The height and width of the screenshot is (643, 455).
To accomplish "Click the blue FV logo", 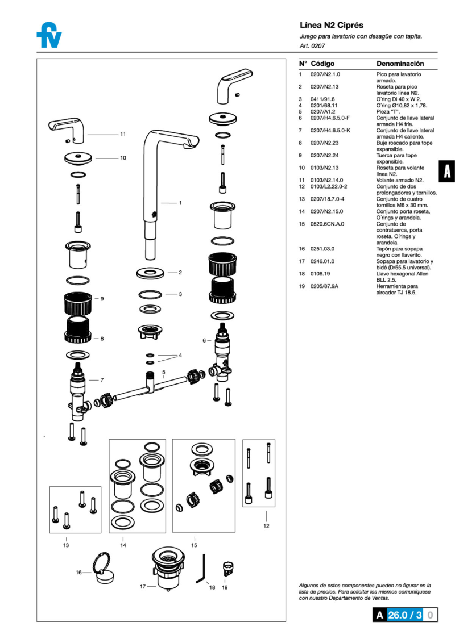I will point(49,36).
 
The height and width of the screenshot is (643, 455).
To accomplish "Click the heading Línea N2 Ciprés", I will point(331,26).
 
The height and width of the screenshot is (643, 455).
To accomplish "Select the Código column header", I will point(322,64).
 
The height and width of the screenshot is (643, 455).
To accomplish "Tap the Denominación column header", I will point(400,64).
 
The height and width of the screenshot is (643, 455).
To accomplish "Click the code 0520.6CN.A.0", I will point(327,224).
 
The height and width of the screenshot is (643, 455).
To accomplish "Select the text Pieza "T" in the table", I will point(388,112).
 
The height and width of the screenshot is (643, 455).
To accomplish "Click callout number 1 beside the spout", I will point(180,203).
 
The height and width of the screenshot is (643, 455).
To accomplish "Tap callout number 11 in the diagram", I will point(123,135).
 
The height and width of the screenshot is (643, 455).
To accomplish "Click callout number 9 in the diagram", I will point(102,298).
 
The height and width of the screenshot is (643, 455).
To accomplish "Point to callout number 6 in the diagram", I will point(204,341).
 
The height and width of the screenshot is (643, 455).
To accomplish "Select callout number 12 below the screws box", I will point(266,526).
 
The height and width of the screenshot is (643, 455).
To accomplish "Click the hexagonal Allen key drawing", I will point(201,570).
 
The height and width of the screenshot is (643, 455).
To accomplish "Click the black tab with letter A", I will point(447,171).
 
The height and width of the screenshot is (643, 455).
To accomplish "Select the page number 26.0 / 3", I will point(404,615).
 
